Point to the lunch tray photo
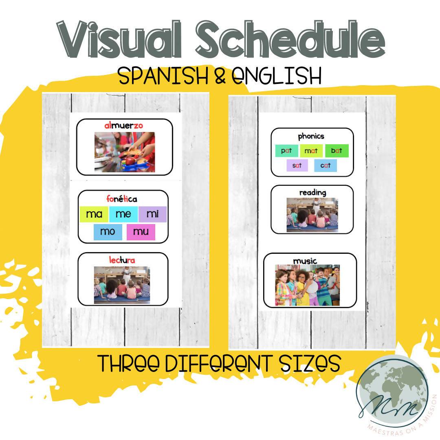(x=125, y=152)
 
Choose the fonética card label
(x=122, y=199)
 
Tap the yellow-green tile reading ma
(x=94, y=214)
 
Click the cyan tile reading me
(x=123, y=214)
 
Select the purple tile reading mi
(x=152, y=214)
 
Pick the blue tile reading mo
(x=108, y=232)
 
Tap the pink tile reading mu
(x=141, y=232)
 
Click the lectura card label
(x=122, y=260)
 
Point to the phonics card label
(x=311, y=136)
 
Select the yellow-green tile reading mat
(x=311, y=151)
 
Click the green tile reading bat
(x=337, y=151)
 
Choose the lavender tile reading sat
(x=297, y=165)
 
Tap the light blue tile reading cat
(x=326, y=165)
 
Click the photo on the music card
(x=307, y=285)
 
